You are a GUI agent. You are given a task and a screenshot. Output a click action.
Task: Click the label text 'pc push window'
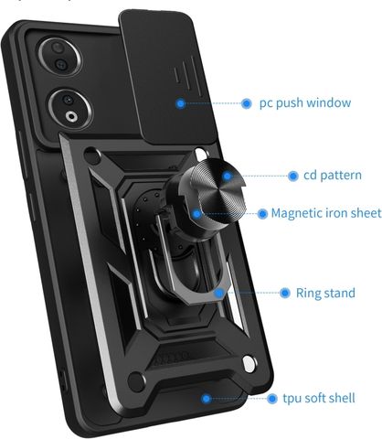(x=305, y=103)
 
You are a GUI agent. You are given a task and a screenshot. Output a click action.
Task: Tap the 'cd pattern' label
(x=333, y=175)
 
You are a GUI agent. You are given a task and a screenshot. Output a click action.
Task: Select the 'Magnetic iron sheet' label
(x=326, y=213)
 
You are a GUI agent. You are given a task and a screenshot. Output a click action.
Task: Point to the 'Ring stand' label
(x=325, y=293)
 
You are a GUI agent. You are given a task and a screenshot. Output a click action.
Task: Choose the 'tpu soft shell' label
(x=319, y=398)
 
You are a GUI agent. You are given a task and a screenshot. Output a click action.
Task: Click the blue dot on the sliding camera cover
(x=181, y=103)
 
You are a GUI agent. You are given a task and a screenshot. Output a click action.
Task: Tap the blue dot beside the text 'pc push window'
(x=247, y=103)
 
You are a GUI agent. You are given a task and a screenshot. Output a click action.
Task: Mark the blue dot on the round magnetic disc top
(x=227, y=176)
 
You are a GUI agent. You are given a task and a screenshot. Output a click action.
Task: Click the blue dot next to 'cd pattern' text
(x=293, y=176)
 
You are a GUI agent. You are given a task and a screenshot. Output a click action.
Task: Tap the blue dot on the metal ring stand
(x=218, y=294)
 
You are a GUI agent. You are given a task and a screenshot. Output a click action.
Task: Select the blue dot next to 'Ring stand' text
(x=285, y=293)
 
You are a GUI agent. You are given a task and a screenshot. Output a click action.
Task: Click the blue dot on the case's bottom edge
(x=207, y=399)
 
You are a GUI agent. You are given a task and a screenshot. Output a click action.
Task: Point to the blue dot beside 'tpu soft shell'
(x=272, y=399)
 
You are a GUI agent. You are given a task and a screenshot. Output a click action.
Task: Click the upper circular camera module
(x=59, y=57)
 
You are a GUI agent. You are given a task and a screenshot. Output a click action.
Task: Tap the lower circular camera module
(x=69, y=109)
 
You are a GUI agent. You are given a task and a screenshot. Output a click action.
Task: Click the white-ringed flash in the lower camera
(x=71, y=116)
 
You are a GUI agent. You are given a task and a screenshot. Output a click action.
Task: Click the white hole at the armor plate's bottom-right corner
(x=249, y=364)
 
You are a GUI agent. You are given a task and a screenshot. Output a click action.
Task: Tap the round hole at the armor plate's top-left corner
(x=92, y=156)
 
